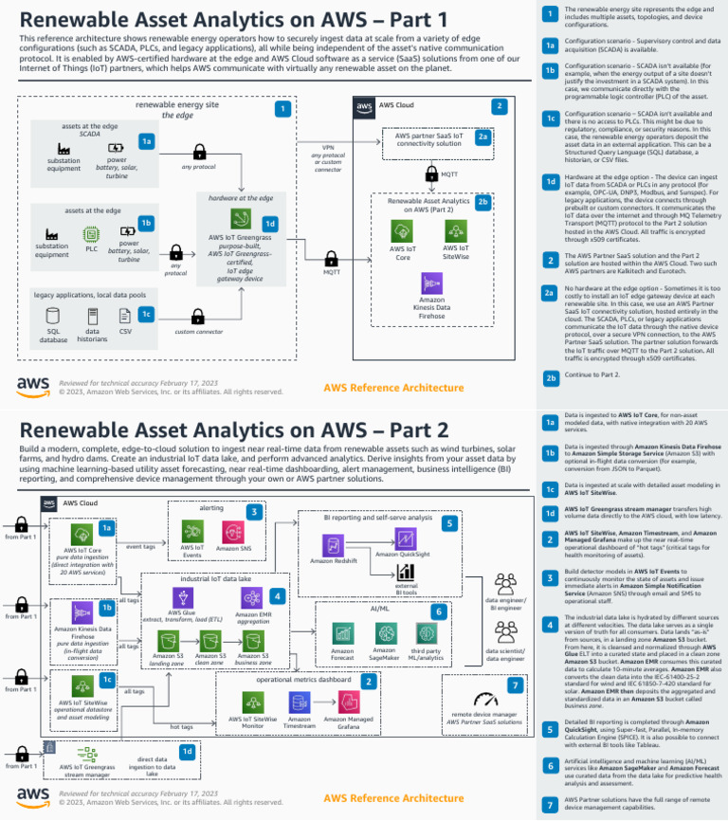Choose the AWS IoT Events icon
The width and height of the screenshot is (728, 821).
pos(191,531)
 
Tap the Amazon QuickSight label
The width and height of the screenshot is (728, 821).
pos(402,555)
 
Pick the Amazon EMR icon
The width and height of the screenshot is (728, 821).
pos(252,597)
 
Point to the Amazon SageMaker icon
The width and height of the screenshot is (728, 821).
pos(384,632)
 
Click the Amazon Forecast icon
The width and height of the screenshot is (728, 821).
pos(343,632)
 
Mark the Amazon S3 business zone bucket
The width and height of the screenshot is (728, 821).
pos(253,641)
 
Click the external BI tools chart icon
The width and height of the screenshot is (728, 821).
pos(406,572)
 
